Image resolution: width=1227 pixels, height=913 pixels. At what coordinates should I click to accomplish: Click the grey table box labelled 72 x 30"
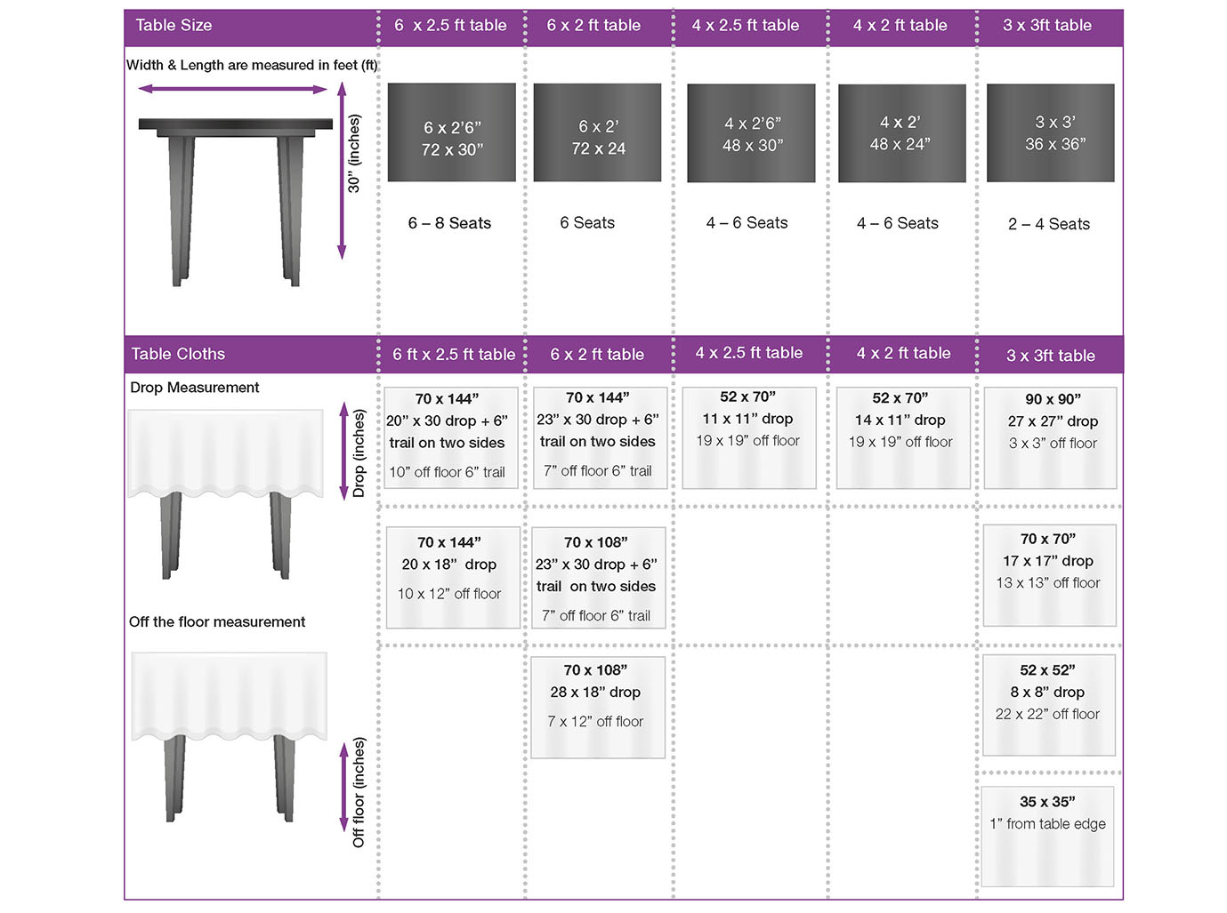tap(451, 132)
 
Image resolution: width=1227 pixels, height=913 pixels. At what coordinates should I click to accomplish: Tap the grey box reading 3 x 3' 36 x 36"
tap(1050, 132)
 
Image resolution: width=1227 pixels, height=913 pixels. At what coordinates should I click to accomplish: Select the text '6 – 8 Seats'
tap(449, 223)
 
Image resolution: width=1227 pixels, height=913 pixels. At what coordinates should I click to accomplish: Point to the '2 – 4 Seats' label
tap(1048, 224)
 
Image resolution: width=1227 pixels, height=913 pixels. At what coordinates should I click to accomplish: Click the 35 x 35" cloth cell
tap(1047, 837)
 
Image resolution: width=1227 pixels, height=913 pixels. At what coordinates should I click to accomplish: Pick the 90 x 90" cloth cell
tap(1050, 437)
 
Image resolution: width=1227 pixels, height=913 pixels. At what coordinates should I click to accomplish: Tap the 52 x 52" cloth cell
tap(1048, 705)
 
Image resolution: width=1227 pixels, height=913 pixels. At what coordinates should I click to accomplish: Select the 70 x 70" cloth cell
tap(1049, 575)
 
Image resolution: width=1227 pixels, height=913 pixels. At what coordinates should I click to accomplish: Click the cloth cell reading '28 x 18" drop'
tap(597, 707)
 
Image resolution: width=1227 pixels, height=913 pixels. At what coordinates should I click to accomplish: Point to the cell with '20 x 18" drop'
tap(453, 578)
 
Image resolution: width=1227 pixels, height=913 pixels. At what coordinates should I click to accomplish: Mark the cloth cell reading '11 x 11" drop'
tap(748, 437)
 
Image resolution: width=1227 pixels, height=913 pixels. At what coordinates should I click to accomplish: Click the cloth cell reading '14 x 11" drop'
tap(903, 437)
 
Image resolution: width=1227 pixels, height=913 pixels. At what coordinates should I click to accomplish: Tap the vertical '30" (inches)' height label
tap(353, 153)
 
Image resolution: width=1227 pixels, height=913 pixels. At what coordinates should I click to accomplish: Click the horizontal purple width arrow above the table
tap(232, 89)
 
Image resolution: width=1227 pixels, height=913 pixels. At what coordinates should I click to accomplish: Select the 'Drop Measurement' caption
tap(194, 388)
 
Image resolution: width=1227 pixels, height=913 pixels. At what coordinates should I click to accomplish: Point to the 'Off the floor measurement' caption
tap(217, 621)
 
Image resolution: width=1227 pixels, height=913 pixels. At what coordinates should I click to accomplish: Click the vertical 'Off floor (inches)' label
tap(359, 792)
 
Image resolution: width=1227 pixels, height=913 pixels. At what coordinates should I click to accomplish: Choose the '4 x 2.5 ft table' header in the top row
tap(745, 26)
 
